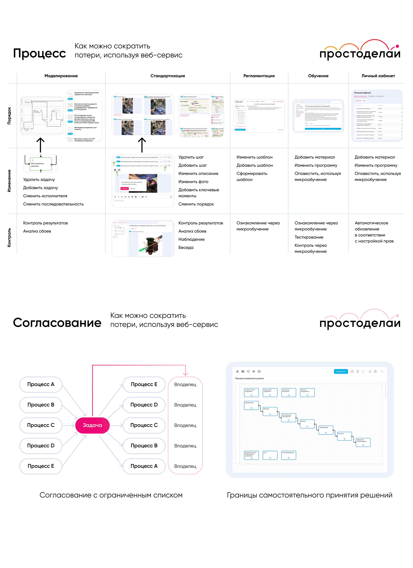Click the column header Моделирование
tap(61, 76)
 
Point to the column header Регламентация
tap(259, 76)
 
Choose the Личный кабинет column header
tap(378, 76)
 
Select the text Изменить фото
tap(193, 182)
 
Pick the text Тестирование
tap(309, 237)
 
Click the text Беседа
tap(186, 247)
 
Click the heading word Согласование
tap(57, 323)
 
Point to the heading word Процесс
tap(40, 53)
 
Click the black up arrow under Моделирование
tap(41, 145)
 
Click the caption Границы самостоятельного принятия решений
tap(310, 495)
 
